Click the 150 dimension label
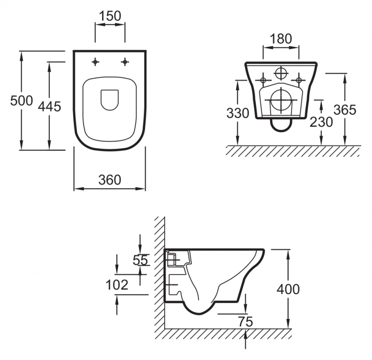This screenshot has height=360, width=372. [x=110, y=16]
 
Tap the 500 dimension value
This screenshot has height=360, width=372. [x=21, y=101]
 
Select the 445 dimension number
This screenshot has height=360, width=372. [x=50, y=106]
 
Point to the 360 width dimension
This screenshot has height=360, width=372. [x=110, y=180]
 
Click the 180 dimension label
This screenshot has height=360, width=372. [x=281, y=39]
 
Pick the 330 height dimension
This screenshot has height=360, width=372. [x=238, y=113]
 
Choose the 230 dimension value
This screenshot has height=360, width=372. [x=321, y=122]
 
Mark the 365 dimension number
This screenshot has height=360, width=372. [x=345, y=110]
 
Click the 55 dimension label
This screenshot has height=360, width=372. [x=140, y=260]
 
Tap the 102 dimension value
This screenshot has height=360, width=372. [x=117, y=285]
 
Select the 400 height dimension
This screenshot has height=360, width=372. [x=288, y=289]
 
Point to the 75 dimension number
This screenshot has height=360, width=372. [x=246, y=322]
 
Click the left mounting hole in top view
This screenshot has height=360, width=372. [x=95, y=62]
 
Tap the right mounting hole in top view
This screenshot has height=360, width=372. [x=125, y=62]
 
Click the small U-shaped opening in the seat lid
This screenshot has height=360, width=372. [x=110, y=100]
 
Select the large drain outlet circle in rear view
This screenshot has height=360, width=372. [x=281, y=100]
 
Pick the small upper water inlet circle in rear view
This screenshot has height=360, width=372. [x=281, y=73]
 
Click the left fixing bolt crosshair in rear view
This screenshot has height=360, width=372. [x=263, y=80]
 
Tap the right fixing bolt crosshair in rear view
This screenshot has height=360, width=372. [x=299, y=80]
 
